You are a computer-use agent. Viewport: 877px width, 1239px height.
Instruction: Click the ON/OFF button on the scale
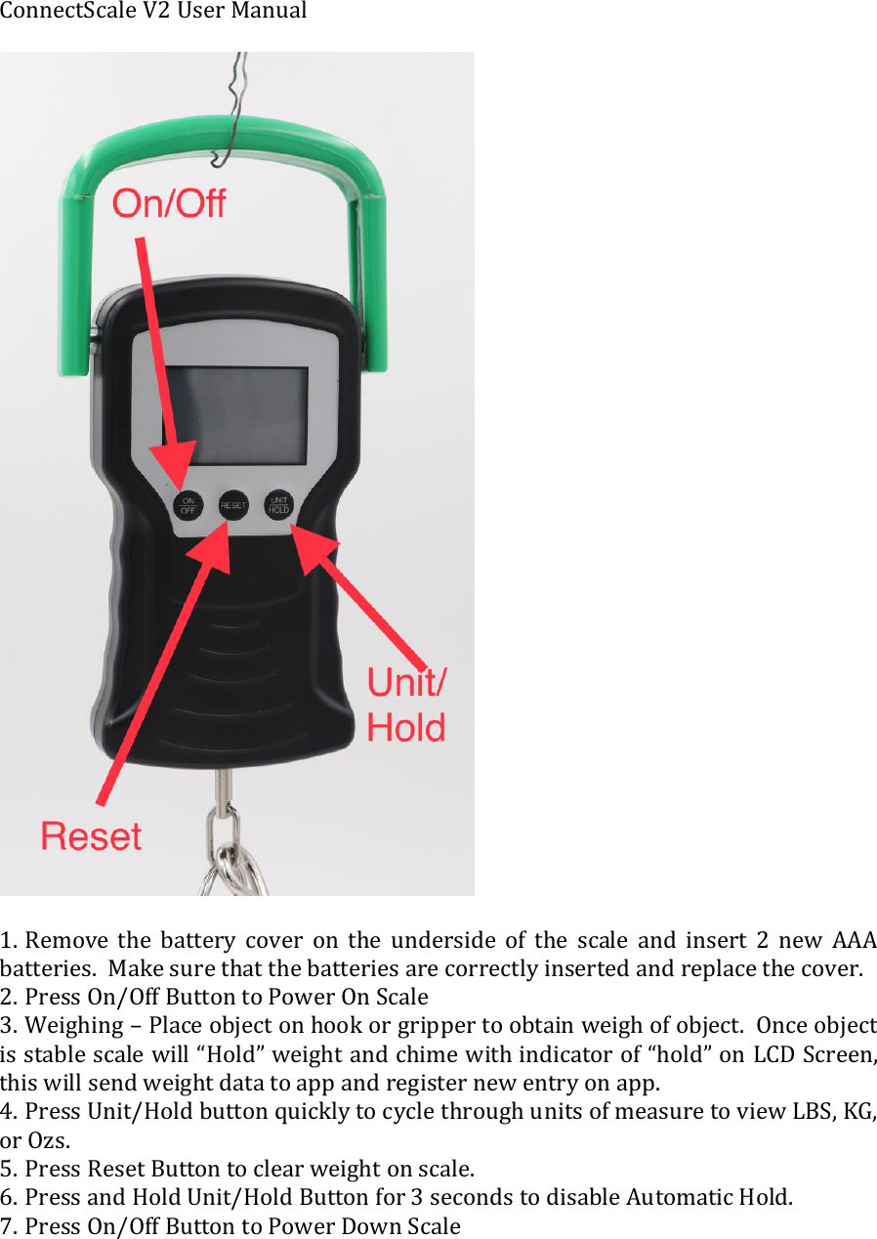(x=188, y=505)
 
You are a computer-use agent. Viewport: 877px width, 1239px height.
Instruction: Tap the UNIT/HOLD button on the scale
(x=278, y=504)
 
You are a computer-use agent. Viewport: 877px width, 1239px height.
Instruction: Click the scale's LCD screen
(x=234, y=415)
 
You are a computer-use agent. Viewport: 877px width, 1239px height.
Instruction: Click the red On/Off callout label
(x=168, y=204)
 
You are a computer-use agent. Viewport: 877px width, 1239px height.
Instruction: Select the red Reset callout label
(x=91, y=836)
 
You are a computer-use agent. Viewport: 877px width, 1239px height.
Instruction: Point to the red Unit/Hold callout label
(x=406, y=705)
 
